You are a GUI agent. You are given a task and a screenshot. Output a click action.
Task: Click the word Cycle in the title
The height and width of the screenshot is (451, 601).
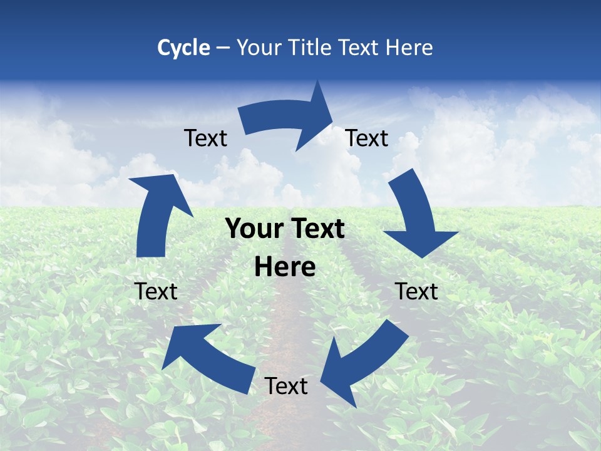183,48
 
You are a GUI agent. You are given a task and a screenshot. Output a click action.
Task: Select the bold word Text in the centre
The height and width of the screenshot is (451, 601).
316,229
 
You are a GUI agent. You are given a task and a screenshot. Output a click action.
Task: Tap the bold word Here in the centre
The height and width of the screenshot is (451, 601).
285,267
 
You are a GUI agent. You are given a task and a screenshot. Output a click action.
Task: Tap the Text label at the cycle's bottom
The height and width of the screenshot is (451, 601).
286,386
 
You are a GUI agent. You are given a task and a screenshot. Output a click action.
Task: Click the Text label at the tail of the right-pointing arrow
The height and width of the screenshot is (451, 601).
206,138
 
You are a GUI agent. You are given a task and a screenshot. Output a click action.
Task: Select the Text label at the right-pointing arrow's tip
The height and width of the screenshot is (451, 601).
367,138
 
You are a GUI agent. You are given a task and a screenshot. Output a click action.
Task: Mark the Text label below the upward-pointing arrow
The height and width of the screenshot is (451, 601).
156,291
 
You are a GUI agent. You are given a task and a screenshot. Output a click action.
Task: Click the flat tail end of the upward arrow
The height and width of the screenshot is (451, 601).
151,256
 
